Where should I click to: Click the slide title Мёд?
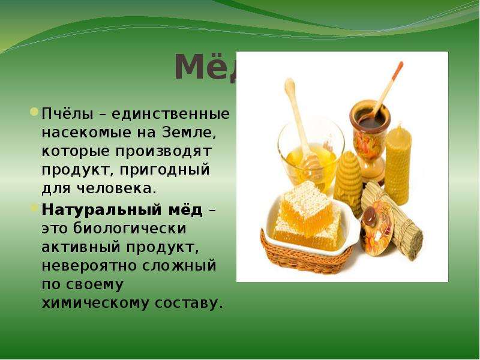pyautogui.click(x=206, y=67)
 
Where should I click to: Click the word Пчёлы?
pyautogui.click(x=67, y=114)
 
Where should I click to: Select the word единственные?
pyautogui.click(x=170, y=114)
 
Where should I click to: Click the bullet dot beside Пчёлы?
pyautogui.click(x=34, y=112)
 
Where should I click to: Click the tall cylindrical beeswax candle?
pyautogui.click(x=398, y=166)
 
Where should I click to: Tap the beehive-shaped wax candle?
pyautogui.click(x=348, y=183)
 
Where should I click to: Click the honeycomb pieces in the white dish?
pyautogui.click(x=308, y=214)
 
